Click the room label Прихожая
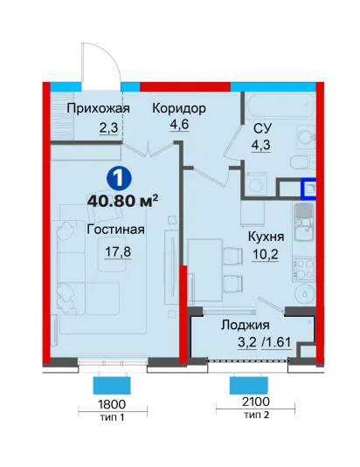click(x=98, y=108)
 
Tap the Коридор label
click(x=179, y=108)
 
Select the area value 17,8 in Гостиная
click(x=118, y=252)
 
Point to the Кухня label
click(x=267, y=237)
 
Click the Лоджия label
click(x=246, y=326)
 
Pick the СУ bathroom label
click(x=262, y=128)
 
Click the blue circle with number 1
click(x=119, y=178)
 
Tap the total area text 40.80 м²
click(x=122, y=201)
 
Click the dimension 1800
click(x=112, y=404)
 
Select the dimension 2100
click(x=256, y=402)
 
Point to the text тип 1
click(x=112, y=417)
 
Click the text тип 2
click(x=257, y=415)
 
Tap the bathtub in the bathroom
click(x=280, y=105)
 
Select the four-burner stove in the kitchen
click(x=304, y=269)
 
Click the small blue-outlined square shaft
click(x=308, y=189)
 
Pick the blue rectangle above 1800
click(x=112, y=386)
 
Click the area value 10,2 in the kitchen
click(x=266, y=254)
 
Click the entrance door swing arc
click(x=114, y=58)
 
